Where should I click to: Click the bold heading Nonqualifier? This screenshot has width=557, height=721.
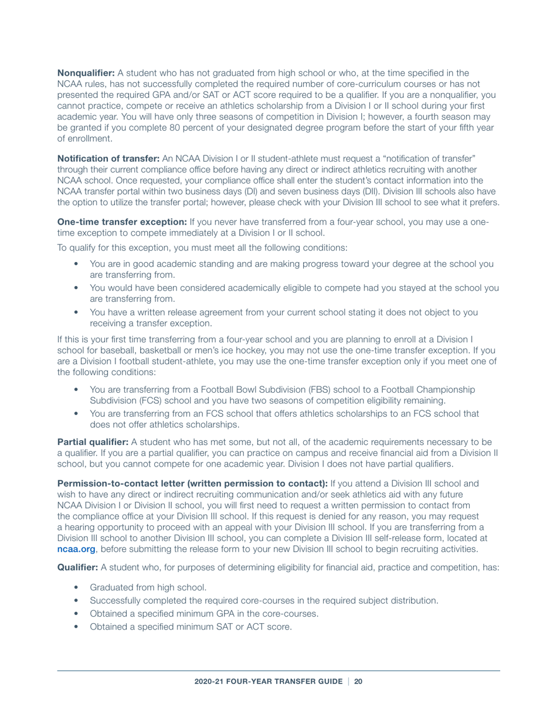[x=86, y=73]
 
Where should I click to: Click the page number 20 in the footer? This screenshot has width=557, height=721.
[x=358, y=682]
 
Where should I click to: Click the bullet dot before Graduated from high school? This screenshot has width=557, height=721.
[x=77, y=587]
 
